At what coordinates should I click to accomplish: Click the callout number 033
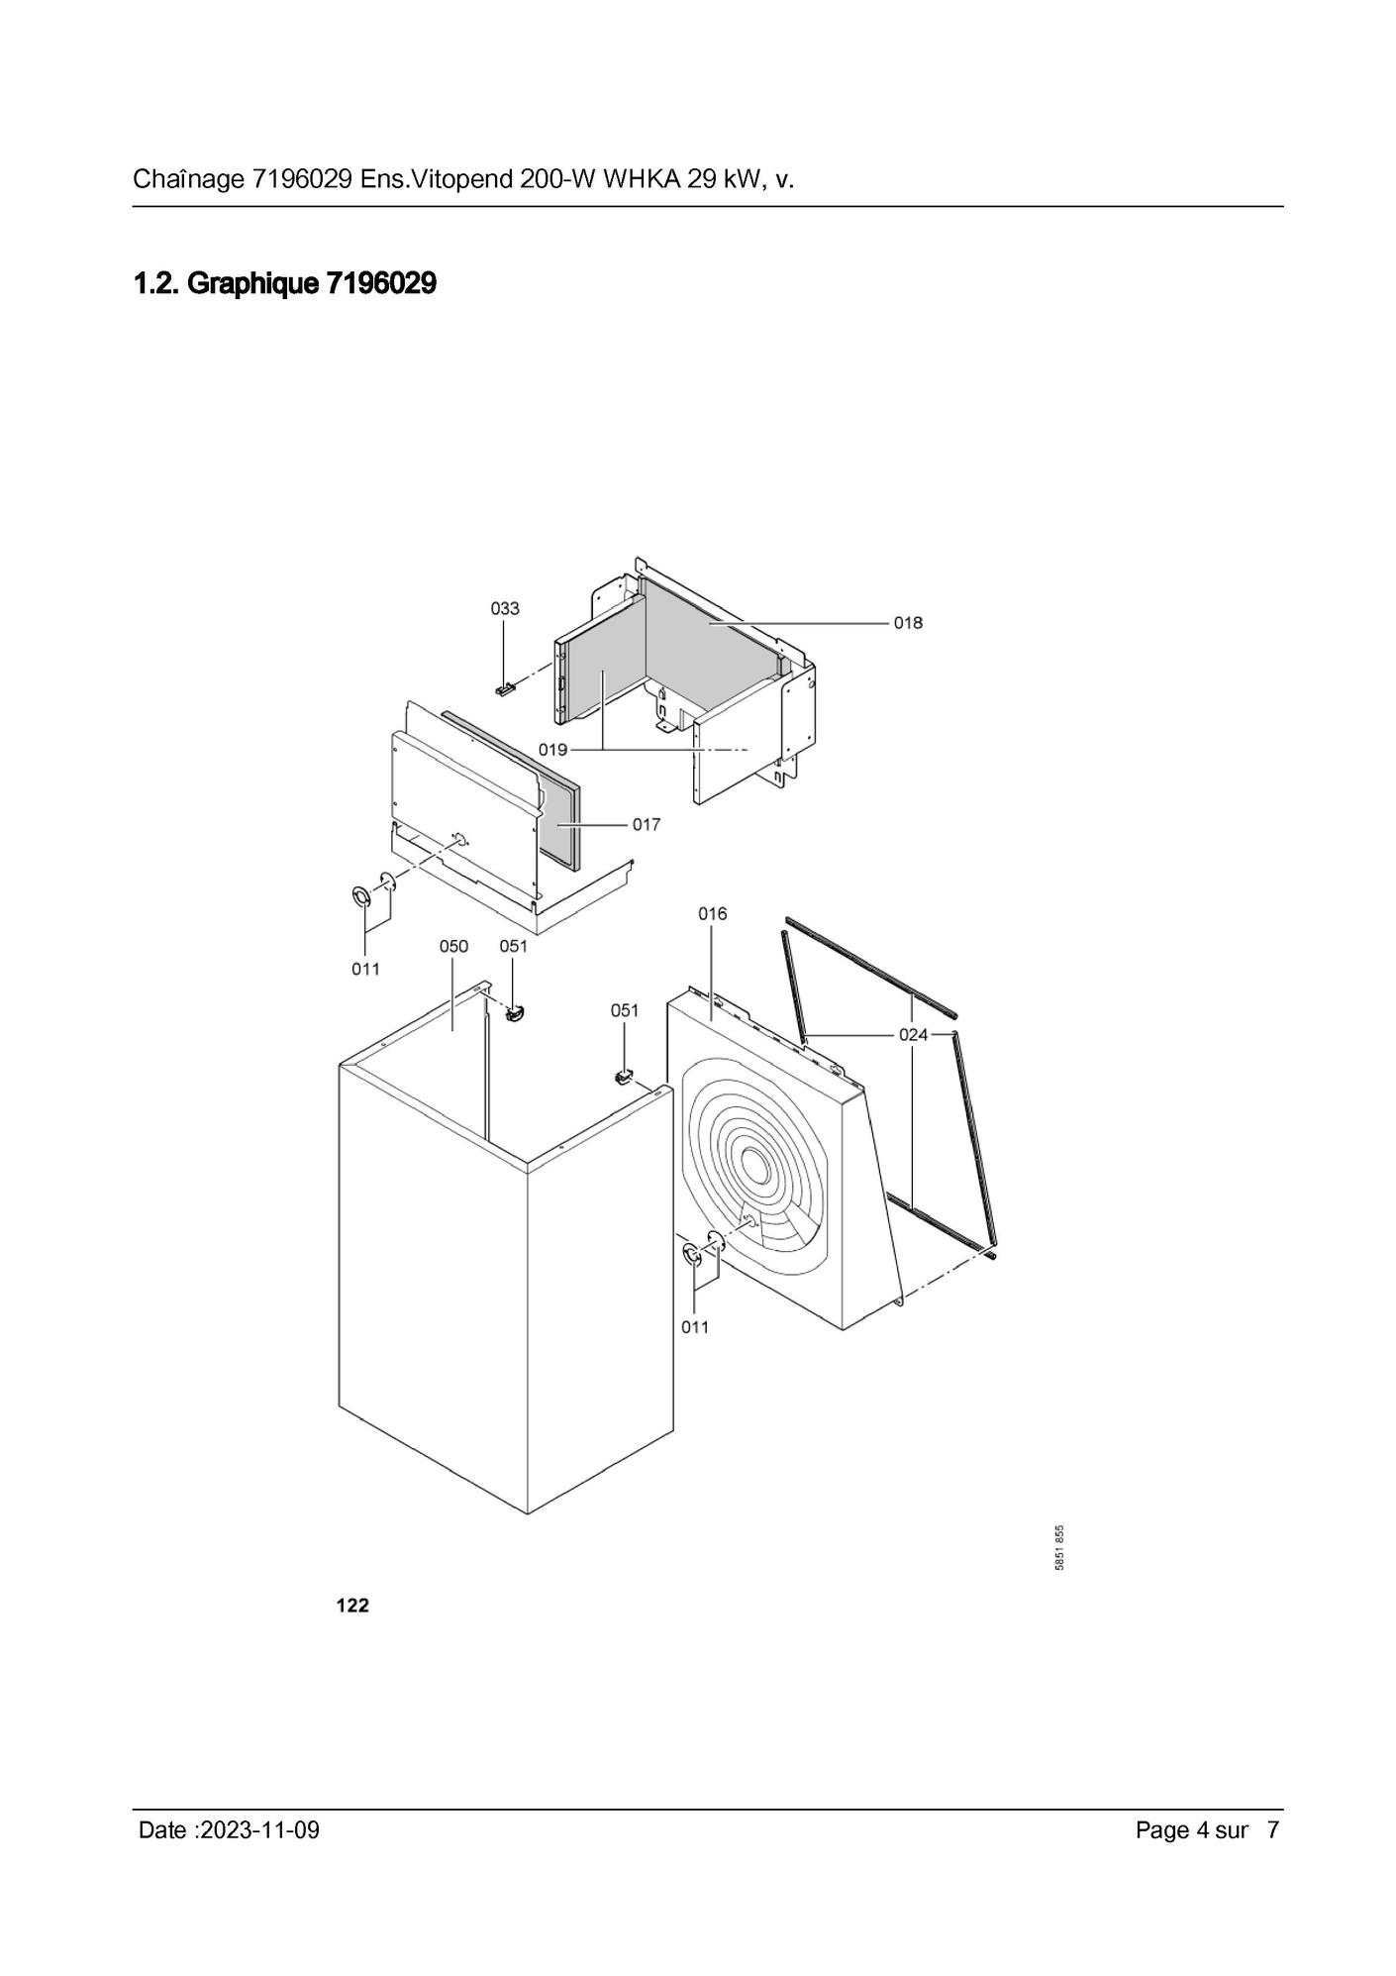coord(505,608)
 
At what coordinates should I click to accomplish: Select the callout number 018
coord(908,623)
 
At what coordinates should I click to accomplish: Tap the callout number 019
coord(552,750)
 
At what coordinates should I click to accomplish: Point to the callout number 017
coord(647,824)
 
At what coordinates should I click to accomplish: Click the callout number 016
coord(713,913)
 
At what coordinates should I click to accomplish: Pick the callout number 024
coord(914,1035)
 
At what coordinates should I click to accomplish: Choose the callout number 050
coord(453,946)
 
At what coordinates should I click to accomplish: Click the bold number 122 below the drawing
coord(352,1606)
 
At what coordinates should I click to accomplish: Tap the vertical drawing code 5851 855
coord(1059,1547)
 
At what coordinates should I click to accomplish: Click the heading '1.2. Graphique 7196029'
coord(285,284)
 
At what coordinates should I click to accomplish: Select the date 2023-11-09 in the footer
coord(259,1829)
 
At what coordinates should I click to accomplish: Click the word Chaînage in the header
coord(188,180)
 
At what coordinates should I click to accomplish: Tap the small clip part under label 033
coord(506,687)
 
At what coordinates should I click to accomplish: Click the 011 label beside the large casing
coord(695,1327)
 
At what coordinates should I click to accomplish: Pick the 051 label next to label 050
coord(514,946)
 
